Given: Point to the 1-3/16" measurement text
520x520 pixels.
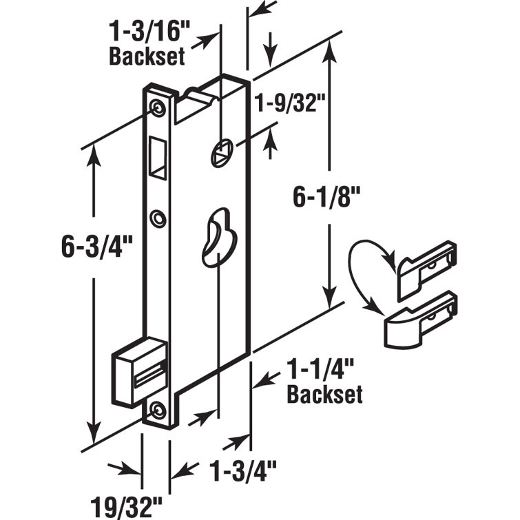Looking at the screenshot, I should coord(147,34).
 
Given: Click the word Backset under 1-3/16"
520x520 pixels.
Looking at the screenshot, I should coord(147,56).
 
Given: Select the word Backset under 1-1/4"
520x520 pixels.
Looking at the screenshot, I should coord(324,395).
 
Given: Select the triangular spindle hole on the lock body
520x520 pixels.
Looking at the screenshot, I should coord(220,154).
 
